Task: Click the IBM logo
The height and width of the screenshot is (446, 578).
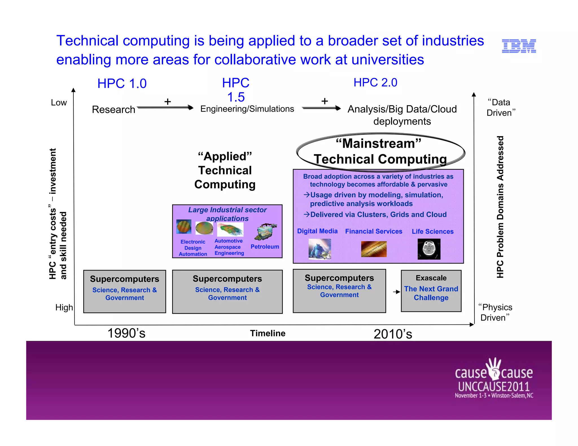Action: tap(519, 46)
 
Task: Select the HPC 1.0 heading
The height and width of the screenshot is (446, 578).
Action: tap(122, 83)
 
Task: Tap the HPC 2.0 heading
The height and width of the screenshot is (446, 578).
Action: tap(375, 83)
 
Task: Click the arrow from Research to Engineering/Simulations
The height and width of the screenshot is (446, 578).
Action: tap(165, 107)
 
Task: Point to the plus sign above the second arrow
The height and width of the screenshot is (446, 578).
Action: tap(325, 101)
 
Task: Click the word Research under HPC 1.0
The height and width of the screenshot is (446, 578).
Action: tap(113, 109)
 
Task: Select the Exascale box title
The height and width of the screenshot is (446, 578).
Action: tap(431, 278)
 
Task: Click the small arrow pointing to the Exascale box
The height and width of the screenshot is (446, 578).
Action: tap(397, 292)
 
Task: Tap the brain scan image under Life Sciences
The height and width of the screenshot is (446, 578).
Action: tap(429, 249)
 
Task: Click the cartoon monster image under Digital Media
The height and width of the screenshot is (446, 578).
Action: tap(319, 249)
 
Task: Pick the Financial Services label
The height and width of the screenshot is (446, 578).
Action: tap(374, 231)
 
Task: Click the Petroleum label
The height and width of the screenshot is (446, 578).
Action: tap(265, 247)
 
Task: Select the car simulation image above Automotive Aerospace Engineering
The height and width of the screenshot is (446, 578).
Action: tap(230, 229)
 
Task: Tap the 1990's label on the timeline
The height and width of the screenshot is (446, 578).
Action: tap(126, 333)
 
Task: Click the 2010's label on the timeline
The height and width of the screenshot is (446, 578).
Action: tap(393, 334)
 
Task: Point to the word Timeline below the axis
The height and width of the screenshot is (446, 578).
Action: tap(268, 333)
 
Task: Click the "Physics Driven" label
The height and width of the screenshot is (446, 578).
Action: tap(495, 312)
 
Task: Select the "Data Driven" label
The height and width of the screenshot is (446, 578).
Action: tap(500, 107)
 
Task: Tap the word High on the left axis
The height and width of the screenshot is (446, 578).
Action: tap(64, 307)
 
